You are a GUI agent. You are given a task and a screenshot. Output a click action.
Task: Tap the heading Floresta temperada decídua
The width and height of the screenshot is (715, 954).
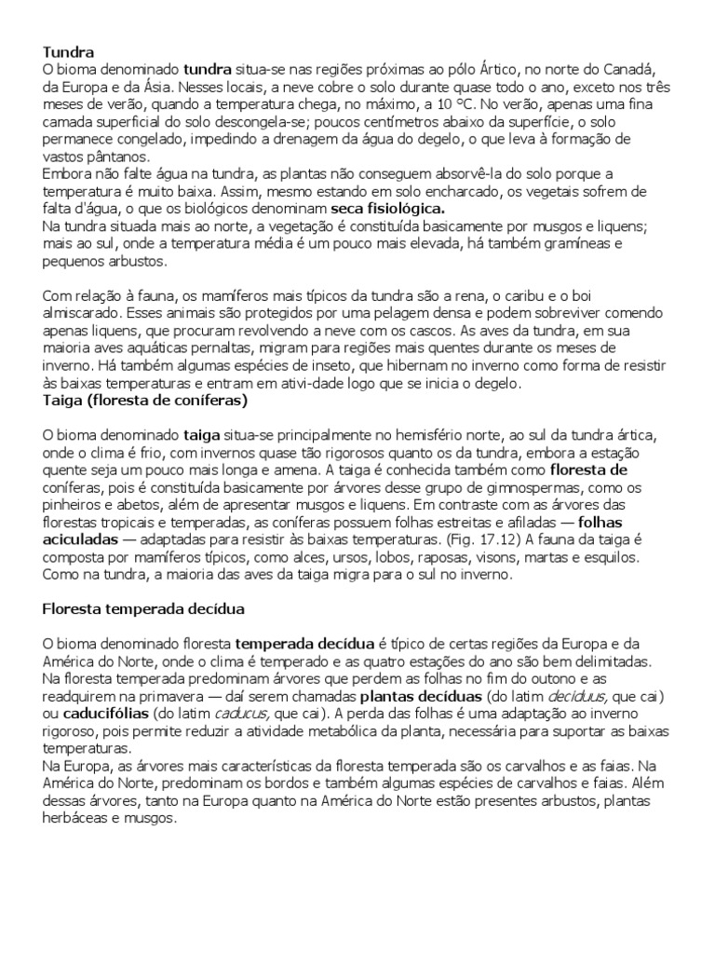144,609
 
